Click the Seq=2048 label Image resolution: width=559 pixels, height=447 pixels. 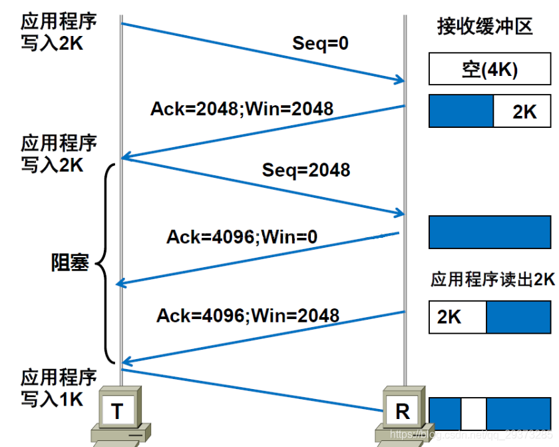click(x=305, y=170)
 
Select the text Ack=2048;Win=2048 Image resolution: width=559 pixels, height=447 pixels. click(x=242, y=108)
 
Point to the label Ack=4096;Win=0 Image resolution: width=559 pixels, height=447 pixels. click(x=242, y=236)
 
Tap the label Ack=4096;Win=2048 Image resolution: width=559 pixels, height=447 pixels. click(x=248, y=315)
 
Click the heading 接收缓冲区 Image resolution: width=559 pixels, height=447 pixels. click(x=484, y=26)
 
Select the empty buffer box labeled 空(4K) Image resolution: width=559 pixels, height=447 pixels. click(x=489, y=69)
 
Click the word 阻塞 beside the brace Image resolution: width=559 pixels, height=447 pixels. click(x=70, y=262)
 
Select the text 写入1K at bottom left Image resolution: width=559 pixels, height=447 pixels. click(x=52, y=399)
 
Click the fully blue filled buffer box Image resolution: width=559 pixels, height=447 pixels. click(x=489, y=232)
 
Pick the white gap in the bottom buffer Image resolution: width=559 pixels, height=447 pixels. click(x=473, y=413)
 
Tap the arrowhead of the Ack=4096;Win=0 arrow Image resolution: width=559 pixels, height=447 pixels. click(x=121, y=284)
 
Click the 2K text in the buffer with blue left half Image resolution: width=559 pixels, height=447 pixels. click(x=524, y=111)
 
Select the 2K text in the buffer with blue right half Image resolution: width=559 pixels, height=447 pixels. click(x=449, y=317)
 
